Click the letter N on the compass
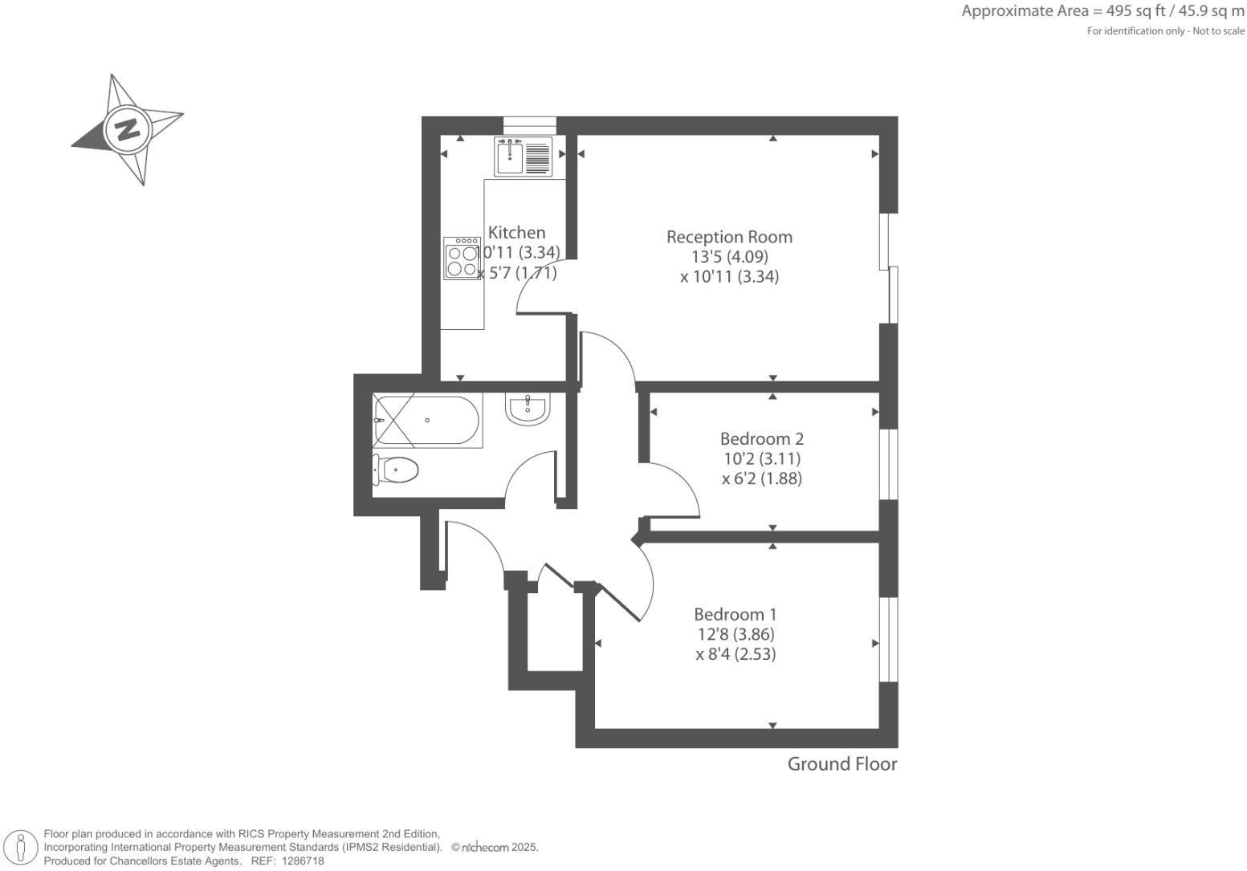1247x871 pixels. pos(127,129)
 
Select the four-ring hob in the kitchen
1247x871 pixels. pos(462,258)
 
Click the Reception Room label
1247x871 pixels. pos(729,237)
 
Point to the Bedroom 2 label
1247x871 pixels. pos(761,439)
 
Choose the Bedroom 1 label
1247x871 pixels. pos(736,614)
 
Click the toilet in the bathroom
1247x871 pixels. pos(396,470)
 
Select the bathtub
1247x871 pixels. pos(427,421)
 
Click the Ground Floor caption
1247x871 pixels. pos(842,763)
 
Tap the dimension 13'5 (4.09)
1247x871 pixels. pos(729,257)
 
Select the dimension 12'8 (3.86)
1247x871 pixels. pos(736,634)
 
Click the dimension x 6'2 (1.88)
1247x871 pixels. pos(761,478)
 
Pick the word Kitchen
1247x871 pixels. pos(516,233)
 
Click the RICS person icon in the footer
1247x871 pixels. pos(22,848)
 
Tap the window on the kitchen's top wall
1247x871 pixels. pos(529,124)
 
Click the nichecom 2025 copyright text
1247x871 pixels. pos(495,847)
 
